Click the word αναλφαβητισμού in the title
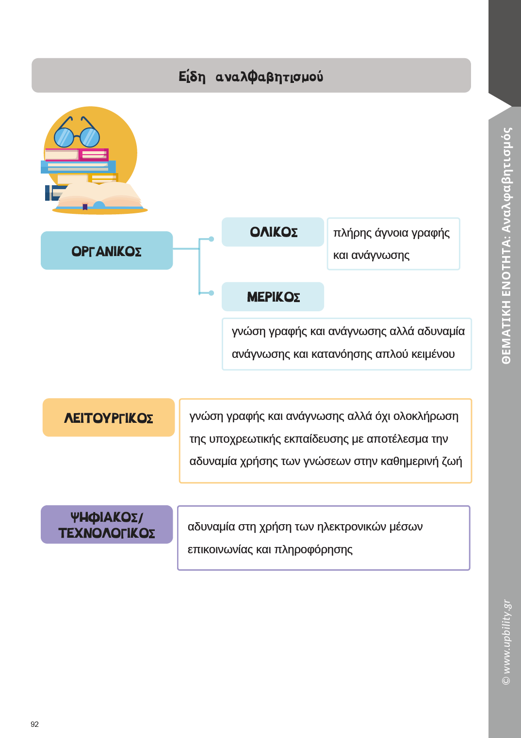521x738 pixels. click(x=269, y=77)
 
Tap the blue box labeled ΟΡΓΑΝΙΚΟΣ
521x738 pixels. click(x=107, y=251)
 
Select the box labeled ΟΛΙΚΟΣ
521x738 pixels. click(x=273, y=232)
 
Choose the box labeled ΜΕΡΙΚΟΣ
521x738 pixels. click(x=273, y=297)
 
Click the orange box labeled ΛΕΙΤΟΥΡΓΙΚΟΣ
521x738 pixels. click(x=109, y=418)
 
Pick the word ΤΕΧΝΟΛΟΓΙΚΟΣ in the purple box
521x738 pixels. click(x=107, y=533)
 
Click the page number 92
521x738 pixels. click(x=34, y=724)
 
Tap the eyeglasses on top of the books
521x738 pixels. click(x=77, y=133)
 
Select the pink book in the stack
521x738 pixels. click(x=77, y=155)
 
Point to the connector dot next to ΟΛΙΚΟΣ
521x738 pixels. click(x=212, y=239)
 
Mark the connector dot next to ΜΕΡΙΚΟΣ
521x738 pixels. click(x=212, y=293)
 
